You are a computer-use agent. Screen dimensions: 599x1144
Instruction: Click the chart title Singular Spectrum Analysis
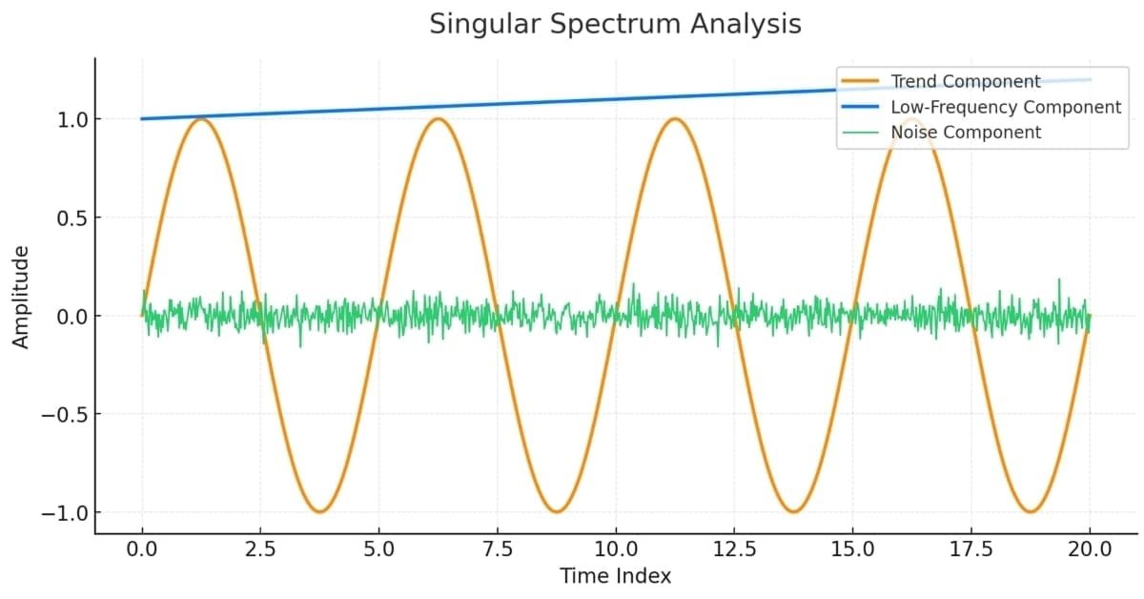point(615,24)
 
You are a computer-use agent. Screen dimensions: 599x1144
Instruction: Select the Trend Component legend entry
point(966,82)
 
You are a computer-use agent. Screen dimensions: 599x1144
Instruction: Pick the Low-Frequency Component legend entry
point(1006,107)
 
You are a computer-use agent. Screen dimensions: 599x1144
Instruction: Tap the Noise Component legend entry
point(966,133)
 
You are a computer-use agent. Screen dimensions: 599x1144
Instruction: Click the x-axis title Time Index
point(615,576)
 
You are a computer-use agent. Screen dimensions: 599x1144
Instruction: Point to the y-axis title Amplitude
point(21,297)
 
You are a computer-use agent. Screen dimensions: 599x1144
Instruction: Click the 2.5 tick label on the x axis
point(260,549)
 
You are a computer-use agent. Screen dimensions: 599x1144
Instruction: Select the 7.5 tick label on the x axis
point(498,549)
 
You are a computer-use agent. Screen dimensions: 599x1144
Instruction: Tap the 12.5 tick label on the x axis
point(734,549)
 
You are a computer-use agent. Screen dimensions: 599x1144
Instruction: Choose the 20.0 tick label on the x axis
point(1090,549)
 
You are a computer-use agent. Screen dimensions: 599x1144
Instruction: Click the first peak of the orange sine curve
point(201,119)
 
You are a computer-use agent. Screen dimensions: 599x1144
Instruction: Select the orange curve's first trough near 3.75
point(319,512)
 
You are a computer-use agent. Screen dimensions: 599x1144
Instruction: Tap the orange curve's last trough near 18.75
point(1030,512)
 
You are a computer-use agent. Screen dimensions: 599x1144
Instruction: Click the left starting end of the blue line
point(143,119)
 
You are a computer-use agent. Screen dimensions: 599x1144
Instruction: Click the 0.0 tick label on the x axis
point(142,549)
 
